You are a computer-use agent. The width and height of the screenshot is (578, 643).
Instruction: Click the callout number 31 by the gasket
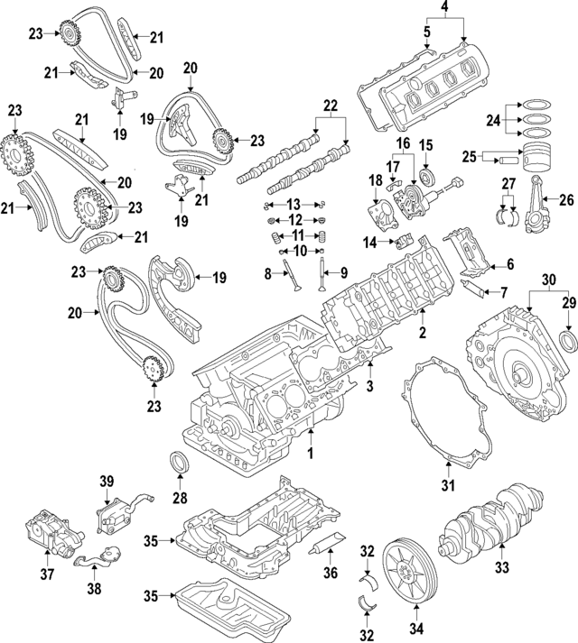pyautogui.click(x=443, y=11)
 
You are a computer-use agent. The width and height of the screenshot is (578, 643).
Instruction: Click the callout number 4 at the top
pyautogui.click(x=443, y=11)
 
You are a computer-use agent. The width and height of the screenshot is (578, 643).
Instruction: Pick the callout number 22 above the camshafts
pyautogui.click(x=331, y=105)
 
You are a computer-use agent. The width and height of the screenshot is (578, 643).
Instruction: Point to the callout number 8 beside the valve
pyautogui.click(x=267, y=271)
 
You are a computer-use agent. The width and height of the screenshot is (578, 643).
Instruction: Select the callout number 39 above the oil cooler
pyautogui.click(x=107, y=480)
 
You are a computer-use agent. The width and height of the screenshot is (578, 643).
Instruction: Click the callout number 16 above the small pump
pyautogui.click(x=402, y=143)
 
